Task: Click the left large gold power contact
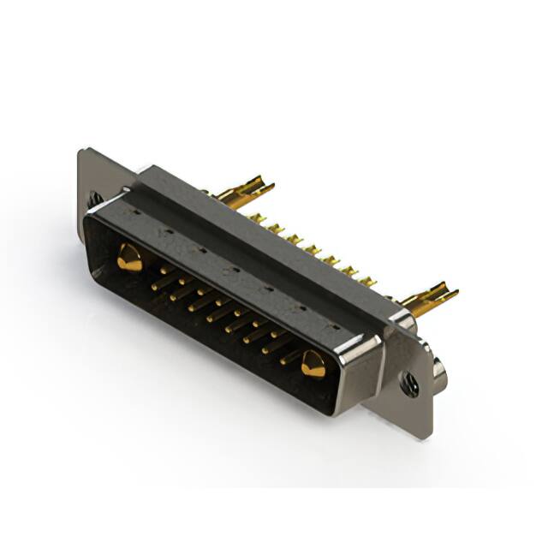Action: pos(129,258)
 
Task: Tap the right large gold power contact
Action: pos(313,364)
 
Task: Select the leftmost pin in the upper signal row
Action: pos(164,270)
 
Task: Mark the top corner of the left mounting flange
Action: pos(82,152)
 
